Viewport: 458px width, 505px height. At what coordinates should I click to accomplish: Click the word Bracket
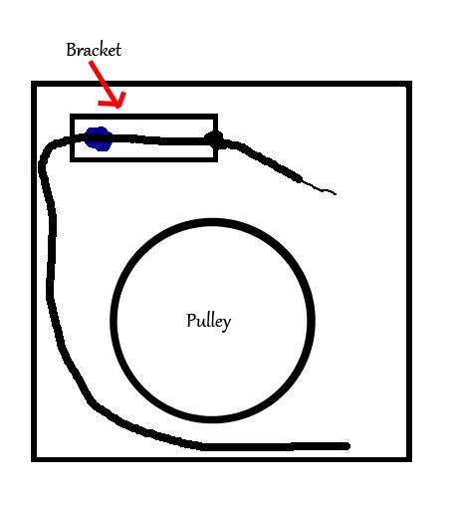[x=94, y=50]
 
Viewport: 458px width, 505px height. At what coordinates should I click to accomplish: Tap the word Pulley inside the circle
[x=209, y=321]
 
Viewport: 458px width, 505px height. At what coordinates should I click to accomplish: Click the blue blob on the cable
[x=99, y=138]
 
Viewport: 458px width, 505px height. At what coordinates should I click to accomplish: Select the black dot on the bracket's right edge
[x=214, y=139]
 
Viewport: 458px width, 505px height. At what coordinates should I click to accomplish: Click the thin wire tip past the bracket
[x=336, y=193]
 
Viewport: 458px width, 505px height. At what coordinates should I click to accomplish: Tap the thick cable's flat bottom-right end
[x=347, y=446]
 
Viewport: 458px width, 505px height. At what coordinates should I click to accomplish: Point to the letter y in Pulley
[x=227, y=324]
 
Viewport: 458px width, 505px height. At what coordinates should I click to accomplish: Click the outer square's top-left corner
[x=34, y=83]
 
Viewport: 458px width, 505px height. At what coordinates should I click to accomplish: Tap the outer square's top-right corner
[x=409, y=83]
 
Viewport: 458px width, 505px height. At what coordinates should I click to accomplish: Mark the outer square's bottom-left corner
[x=34, y=459]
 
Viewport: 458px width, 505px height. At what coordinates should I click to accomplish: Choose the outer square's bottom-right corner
[x=409, y=459]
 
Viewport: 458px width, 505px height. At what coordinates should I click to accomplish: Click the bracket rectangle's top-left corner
[x=72, y=116]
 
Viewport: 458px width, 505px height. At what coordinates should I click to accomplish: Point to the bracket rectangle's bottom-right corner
[x=216, y=160]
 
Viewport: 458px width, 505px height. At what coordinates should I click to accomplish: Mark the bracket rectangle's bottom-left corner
[x=72, y=160]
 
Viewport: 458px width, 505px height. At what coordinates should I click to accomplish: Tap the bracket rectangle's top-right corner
[x=216, y=116]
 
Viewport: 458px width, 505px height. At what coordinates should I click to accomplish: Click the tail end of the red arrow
[x=91, y=62]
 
